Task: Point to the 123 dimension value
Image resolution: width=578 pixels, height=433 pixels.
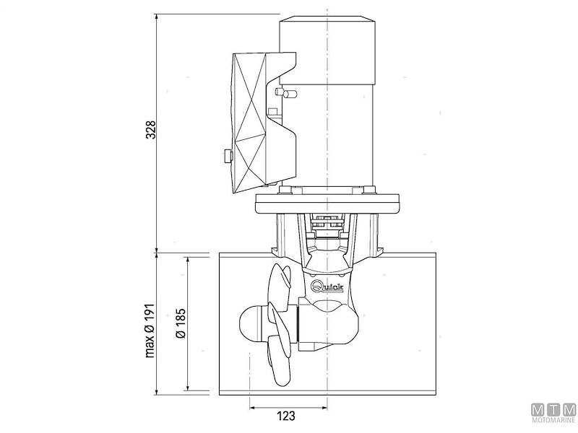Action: pos(288,416)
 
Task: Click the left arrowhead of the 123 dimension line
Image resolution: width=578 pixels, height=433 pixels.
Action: pos(253,406)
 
